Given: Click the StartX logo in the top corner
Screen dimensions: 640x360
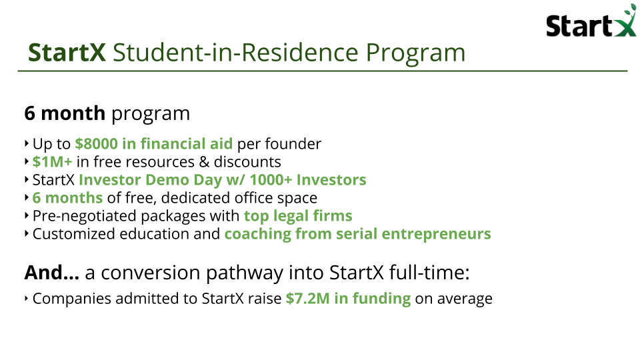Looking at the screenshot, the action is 591,21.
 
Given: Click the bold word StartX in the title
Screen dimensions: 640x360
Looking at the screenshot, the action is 67,53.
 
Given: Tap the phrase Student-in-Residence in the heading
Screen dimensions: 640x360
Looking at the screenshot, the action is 235,53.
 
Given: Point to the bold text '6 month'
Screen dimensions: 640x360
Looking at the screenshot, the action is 65,113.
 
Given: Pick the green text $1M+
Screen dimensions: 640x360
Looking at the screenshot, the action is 52,161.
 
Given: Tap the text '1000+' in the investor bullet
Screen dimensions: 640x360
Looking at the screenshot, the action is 271,179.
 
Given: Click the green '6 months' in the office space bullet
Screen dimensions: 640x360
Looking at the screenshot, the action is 67,197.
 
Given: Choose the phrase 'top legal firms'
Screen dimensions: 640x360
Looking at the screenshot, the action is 298,216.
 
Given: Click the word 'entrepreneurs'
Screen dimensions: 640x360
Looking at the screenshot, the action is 436,234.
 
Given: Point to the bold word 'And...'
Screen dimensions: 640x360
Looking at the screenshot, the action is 52,272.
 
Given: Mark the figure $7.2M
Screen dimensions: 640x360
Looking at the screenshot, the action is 308,299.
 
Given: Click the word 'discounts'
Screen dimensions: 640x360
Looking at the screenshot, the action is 247,161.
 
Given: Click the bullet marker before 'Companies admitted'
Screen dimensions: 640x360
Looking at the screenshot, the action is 27,299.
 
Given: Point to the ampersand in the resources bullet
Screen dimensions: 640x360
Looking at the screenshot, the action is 204,162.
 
